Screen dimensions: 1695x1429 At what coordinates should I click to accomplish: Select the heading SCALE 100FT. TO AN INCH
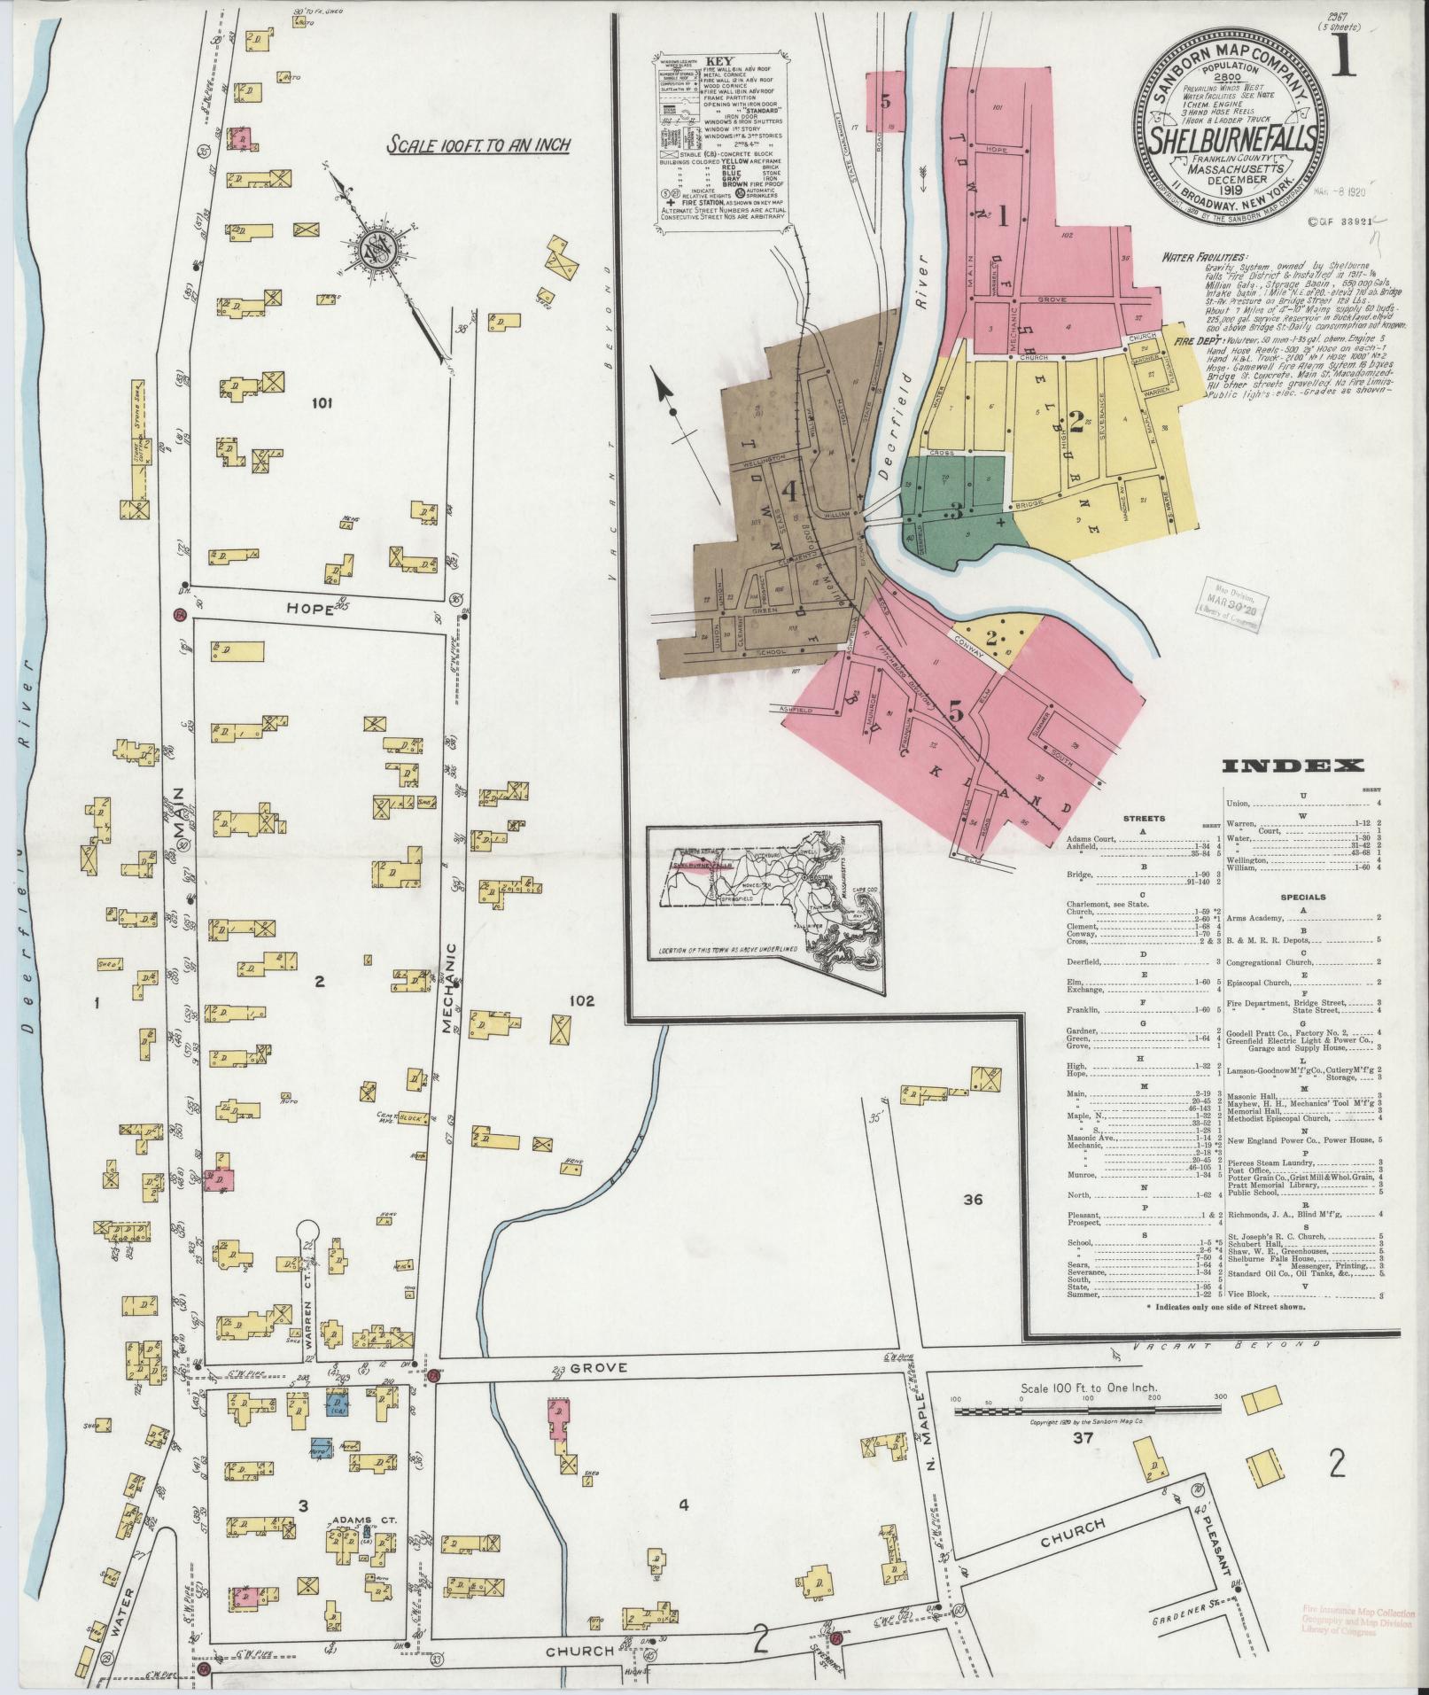click(x=478, y=145)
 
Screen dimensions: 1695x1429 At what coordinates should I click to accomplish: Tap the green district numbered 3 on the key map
click(x=956, y=511)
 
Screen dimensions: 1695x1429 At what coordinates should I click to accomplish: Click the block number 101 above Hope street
click(x=321, y=404)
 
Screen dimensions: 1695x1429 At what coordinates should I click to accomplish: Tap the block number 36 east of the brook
click(x=974, y=1200)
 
